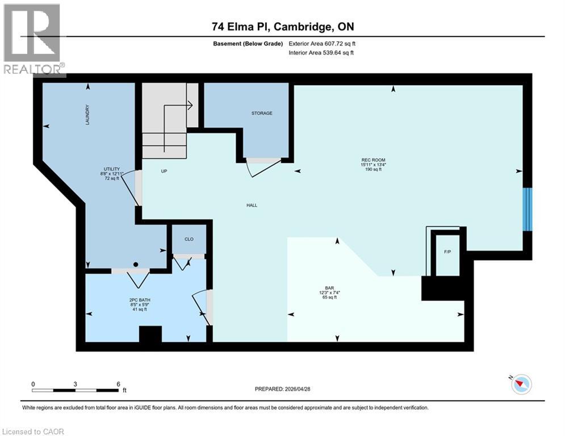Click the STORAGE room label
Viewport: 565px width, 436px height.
262,113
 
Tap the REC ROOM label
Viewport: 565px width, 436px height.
373,160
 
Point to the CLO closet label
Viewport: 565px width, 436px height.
189,239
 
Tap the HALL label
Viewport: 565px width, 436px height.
252,205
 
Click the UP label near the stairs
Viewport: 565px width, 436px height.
164,171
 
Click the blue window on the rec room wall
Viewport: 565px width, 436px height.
528,209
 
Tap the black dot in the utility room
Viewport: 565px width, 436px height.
136,265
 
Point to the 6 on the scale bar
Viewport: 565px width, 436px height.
118,384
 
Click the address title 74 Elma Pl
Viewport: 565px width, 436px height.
283,27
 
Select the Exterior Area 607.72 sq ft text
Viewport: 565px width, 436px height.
322,43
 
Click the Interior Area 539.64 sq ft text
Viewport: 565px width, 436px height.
321,53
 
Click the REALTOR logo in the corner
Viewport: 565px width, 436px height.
33,39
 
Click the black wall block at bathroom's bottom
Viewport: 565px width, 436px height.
150,334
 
